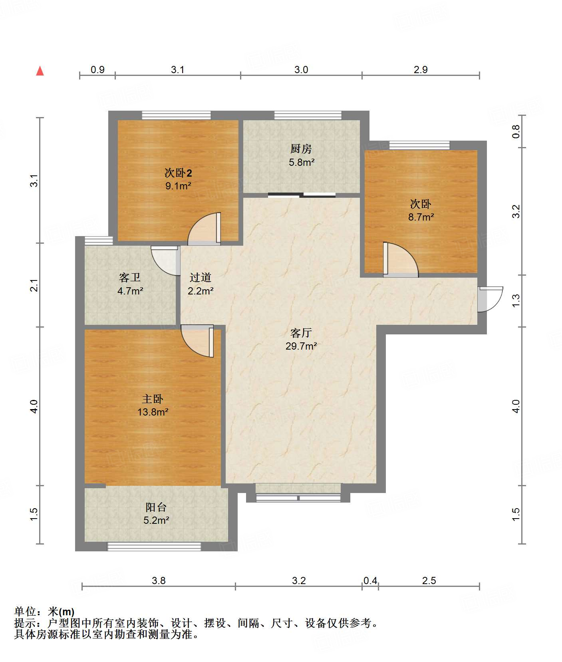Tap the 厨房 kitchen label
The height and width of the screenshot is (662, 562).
[301, 149]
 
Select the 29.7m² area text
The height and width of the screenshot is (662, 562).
[301, 346]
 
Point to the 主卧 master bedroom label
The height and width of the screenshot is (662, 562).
[153, 399]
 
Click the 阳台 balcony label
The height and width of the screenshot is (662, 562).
[156, 507]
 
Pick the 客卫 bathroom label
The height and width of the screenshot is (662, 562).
[130, 277]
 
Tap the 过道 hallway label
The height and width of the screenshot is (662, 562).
[200, 277]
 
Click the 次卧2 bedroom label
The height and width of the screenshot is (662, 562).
[178, 173]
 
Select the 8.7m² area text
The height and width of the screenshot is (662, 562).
[421, 217]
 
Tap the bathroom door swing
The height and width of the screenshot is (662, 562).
[165, 260]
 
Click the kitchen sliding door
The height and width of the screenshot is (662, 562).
[302, 195]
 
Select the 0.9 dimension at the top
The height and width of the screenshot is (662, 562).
[97, 70]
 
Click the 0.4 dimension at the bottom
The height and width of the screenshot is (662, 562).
[370, 580]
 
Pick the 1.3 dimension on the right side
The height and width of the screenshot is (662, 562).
[516, 300]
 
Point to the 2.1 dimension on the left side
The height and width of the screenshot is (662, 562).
[34, 285]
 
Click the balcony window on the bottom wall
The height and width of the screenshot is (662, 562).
[154, 547]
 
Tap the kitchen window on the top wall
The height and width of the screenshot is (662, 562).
[308, 115]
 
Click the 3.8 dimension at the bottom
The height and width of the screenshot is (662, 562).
[159, 580]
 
